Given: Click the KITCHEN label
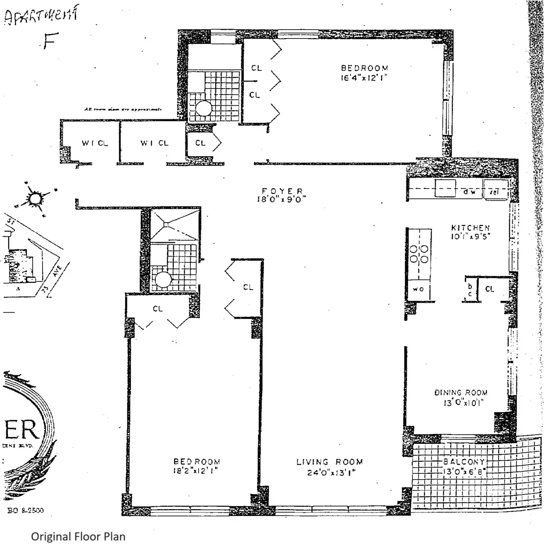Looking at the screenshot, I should click(x=470, y=228).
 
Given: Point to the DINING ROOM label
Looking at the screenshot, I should click(x=461, y=393).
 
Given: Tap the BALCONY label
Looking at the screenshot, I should click(x=464, y=462).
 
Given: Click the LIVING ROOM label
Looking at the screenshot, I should click(x=330, y=462).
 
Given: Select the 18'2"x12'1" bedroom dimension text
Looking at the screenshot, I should click(x=196, y=471).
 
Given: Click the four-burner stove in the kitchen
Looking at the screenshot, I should click(x=419, y=254).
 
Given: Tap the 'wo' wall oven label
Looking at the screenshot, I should click(x=418, y=289).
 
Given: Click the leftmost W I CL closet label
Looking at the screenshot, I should click(x=95, y=143).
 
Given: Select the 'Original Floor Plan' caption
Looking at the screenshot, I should click(x=78, y=536).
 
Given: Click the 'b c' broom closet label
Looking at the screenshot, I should click(x=470, y=290).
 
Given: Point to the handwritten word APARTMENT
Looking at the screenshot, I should click(x=41, y=17).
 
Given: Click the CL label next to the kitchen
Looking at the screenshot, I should click(x=490, y=289).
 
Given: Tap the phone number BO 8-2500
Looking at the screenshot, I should click(x=26, y=510).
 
